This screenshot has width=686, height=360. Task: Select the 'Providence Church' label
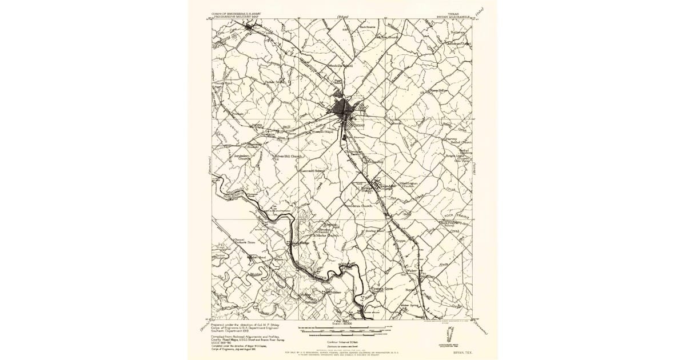(x=358, y=206)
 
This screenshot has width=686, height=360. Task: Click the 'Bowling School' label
(x=377, y=231)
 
